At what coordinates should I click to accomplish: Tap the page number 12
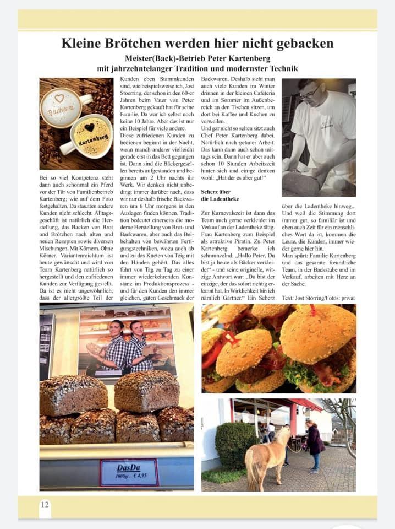pos(45,504)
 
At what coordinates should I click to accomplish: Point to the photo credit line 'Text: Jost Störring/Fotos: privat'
pos(318,298)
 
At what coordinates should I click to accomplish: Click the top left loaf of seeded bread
pos(73,395)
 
